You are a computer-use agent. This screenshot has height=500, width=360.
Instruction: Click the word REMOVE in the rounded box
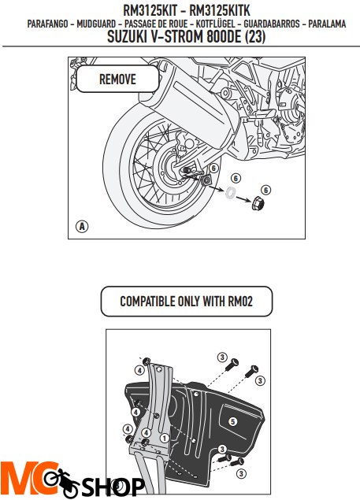click(117, 80)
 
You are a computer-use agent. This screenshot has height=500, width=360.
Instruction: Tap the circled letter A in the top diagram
click(82, 226)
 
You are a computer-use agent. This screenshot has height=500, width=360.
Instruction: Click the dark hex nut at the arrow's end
click(258, 206)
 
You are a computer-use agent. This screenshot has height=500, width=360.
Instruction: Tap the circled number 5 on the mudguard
click(232, 422)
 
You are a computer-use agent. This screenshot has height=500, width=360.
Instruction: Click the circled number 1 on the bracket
click(162, 437)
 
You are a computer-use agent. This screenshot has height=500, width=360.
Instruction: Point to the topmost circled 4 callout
click(139, 369)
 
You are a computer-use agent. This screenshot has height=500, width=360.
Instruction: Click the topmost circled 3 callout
click(222, 357)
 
